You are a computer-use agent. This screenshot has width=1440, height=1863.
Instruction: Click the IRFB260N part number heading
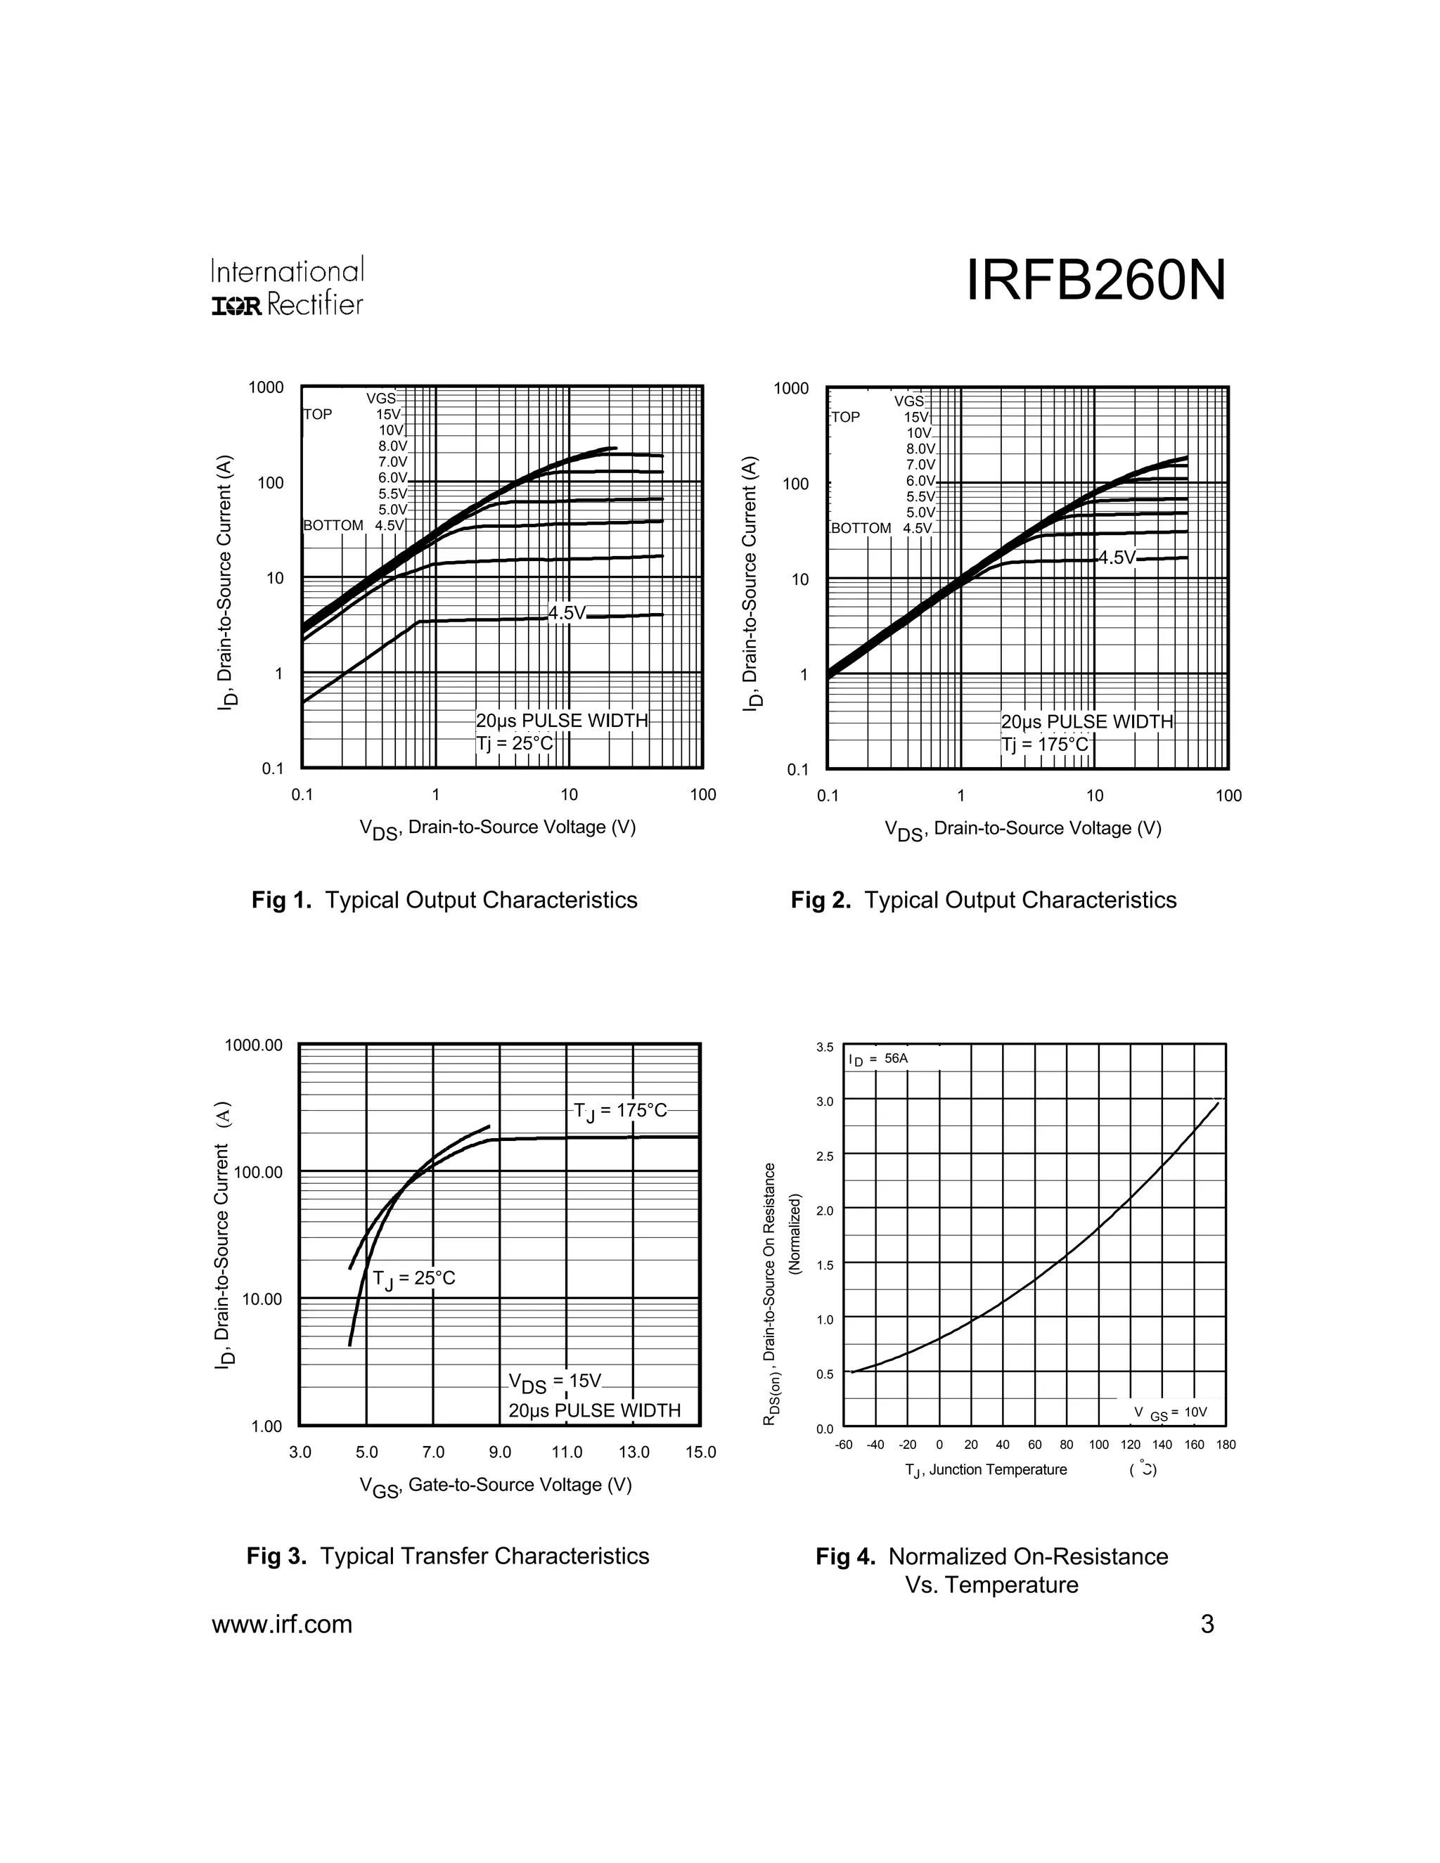coord(1095,281)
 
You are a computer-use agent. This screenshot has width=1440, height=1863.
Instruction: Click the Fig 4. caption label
coord(845,1556)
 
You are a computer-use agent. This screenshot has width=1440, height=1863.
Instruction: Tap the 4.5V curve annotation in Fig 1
coord(567,613)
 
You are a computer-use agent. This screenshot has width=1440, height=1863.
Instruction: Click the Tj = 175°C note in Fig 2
coord(1045,744)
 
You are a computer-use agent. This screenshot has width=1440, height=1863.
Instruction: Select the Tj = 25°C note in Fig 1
coord(515,743)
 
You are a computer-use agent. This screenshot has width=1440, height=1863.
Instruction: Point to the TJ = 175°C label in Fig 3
coord(620,1111)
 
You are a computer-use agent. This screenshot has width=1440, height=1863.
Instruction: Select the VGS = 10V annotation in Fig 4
coord(1171,1412)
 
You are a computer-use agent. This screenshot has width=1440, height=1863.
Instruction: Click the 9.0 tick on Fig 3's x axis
coord(500,1452)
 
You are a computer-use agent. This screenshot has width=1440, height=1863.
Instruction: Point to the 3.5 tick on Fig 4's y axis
coord(824,1047)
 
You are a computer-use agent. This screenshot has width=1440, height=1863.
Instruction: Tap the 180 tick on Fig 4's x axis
coord(1226,1445)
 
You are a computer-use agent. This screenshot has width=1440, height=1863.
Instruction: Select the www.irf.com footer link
coord(281,1625)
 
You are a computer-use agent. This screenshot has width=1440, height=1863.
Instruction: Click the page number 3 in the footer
coord(1207,1625)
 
